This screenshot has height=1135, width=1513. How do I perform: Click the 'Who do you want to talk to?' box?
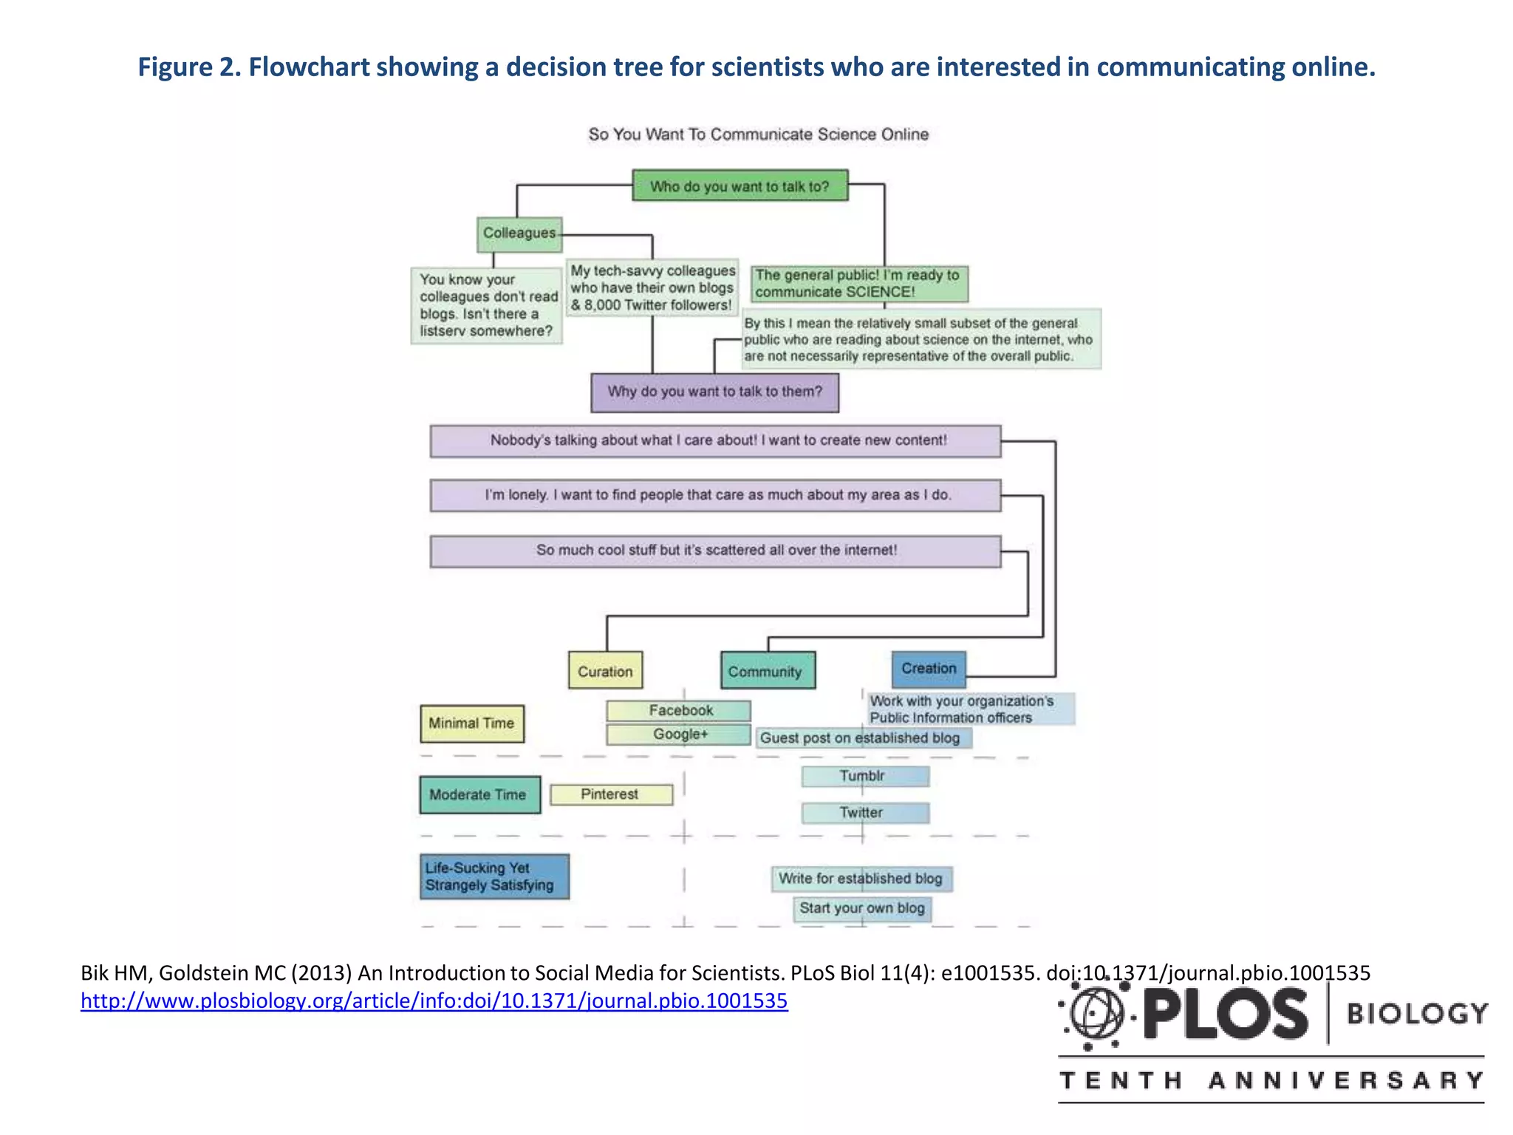coord(740,185)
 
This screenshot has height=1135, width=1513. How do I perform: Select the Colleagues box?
coord(519,234)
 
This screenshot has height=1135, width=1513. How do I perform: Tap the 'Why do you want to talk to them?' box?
coord(714,392)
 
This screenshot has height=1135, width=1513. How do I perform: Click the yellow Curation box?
coord(605,670)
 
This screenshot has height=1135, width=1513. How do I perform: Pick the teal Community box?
coord(768,670)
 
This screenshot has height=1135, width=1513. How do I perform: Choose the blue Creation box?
coord(928,668)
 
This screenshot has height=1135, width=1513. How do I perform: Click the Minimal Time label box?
coord(472,723)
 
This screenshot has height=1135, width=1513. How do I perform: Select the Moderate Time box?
coord(479,794)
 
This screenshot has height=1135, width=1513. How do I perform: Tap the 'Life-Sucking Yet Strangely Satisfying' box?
coord(494,876)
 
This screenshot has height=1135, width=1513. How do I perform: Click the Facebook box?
coord(679,710)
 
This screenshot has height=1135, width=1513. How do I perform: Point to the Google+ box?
coord(679,734)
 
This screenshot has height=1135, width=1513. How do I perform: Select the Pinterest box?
coord(611,794)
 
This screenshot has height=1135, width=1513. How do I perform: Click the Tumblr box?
coord(864,776)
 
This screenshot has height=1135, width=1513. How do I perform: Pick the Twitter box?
coord(864,813)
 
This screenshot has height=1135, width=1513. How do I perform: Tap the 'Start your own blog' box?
coord(862,908)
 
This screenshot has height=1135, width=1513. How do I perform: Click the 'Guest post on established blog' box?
coord(862,737)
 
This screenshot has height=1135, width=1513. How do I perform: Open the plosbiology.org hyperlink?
coord(434,1001)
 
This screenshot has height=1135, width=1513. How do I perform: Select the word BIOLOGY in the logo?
coord(1417,1013)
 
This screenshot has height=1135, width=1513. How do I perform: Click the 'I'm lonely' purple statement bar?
coord(715,495)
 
